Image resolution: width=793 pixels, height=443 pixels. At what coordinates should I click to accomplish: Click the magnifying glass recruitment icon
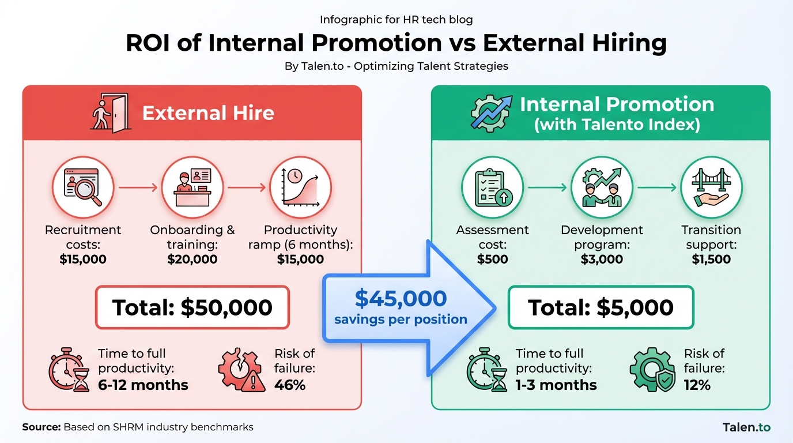(x=83, y=187)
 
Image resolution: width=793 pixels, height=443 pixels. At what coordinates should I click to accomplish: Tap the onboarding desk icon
(x=192, y=187)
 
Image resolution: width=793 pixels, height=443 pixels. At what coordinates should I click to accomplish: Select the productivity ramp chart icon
(x=300, y=187)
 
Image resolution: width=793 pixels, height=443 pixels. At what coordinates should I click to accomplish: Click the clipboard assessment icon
(x=492, y=187)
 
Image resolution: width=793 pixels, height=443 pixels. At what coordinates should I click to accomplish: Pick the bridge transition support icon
(x=711, y=187)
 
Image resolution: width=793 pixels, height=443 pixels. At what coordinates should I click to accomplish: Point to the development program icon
(x=602, y=187)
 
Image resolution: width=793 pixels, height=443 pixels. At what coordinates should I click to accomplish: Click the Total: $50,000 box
(x=192, y=307)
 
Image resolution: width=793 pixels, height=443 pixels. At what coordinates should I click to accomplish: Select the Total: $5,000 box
(x=601, y=307)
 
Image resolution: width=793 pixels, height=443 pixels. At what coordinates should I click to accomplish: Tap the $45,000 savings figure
(x=401, y=299)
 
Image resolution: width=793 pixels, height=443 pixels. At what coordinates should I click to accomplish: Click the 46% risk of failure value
(x=290, y=385)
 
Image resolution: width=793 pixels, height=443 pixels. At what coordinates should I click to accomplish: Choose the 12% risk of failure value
(x=697, y=385)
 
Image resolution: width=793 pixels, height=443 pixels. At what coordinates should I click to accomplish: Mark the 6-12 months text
(x=143, y=385)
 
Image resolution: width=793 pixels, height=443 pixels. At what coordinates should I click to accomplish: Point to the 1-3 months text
(x=556, y=385)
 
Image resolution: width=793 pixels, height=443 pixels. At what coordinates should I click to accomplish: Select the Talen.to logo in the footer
(x=746, y=427)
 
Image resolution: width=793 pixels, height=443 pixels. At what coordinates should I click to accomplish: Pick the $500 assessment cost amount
(x=492, y=259)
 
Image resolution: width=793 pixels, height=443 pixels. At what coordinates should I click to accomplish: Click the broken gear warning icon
(x=240, y=370)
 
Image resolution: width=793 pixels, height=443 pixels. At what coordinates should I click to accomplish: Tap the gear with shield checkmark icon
(x=651, y=370)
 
